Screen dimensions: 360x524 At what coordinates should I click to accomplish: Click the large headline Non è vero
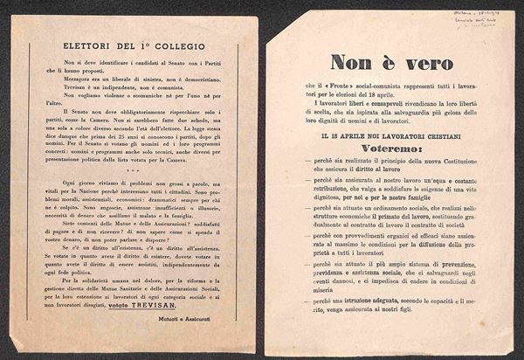[390, 63]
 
